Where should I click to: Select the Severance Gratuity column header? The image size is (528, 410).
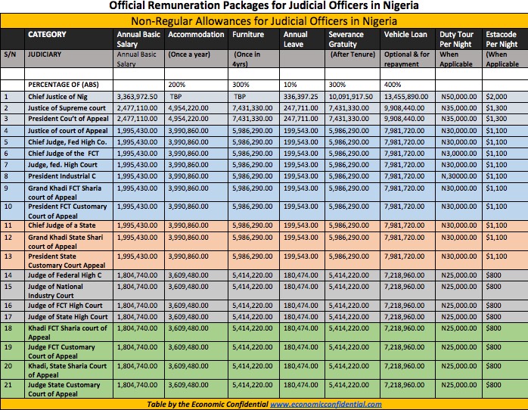pyautogui.click(x=349, y=39)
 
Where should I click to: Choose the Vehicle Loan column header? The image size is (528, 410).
pyautogui.click(x=405, y=35)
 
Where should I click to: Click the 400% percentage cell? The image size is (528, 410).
pyautogui.click(x=394, y=85)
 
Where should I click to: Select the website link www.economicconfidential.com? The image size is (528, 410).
pyautogui.click(x=325, y=404)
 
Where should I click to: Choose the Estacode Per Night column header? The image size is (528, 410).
pyautogui.click(x=502, y=39)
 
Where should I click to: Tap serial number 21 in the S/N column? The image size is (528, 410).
pyautogui.click(x=9, y=386)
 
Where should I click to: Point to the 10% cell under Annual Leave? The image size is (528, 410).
pyautogui.click(x=290, y=85)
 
